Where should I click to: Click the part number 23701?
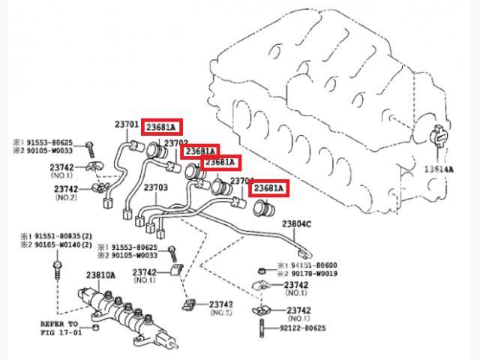tap(126, 124)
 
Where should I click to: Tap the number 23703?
tap(155, 187)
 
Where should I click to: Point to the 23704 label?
tap(241, 181)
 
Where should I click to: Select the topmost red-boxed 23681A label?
tap(164, 126)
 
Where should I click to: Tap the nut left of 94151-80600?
tap(259, 268)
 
